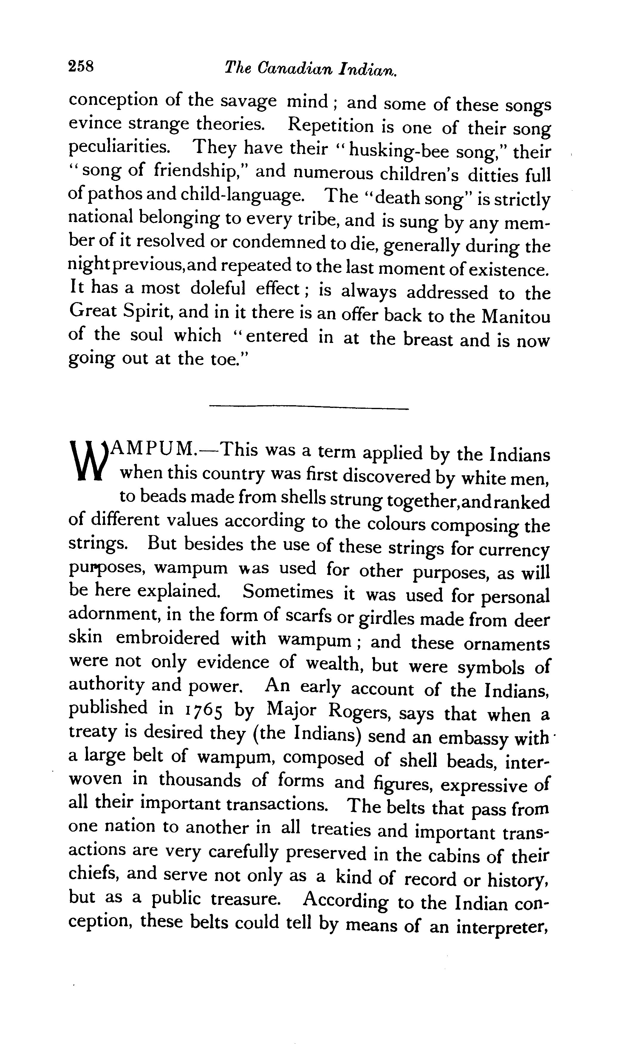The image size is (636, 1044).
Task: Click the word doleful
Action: pos(217,289)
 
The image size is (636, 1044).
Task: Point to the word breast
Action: pos(428,339)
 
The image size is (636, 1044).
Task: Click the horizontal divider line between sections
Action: pos(309,408)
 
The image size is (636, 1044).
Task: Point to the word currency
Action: pos(514,549)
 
